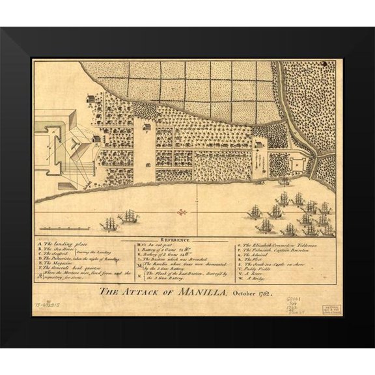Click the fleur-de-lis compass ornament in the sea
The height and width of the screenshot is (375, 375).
tap(184, 213)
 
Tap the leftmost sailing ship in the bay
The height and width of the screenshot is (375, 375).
tap(106, 223)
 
